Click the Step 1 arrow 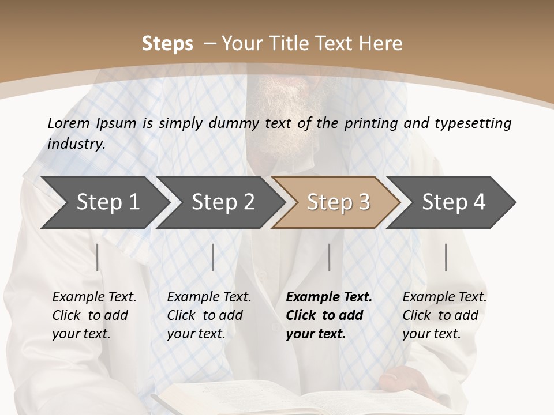pyautogui.click(x=104, y=202)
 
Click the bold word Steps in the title pyautogui.click(x=167, y=44)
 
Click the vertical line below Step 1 pyautogui.click(x=98, y=257)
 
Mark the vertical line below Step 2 pyautogui.click(x=213, y=257)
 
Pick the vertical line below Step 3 pyautogui.click(x=329, y=257)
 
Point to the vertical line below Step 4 pyautogui.click(x=446, y=257)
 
